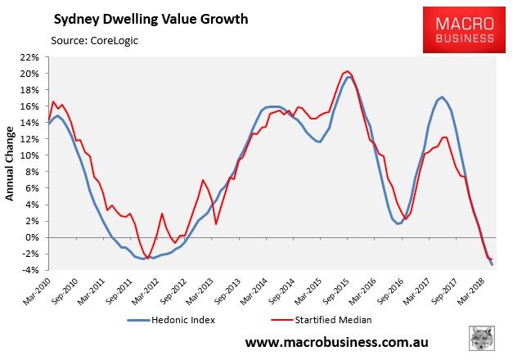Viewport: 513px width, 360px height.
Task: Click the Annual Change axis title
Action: click(x=11, y=164)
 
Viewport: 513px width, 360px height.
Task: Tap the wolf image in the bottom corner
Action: click(x=483, y=340)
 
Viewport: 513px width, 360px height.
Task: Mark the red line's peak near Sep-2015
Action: click(x=348, y=71)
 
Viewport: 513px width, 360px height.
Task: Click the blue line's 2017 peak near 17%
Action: click(x=442, y=97)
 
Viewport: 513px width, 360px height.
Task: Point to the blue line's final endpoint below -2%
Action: click(x=492, y=264)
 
